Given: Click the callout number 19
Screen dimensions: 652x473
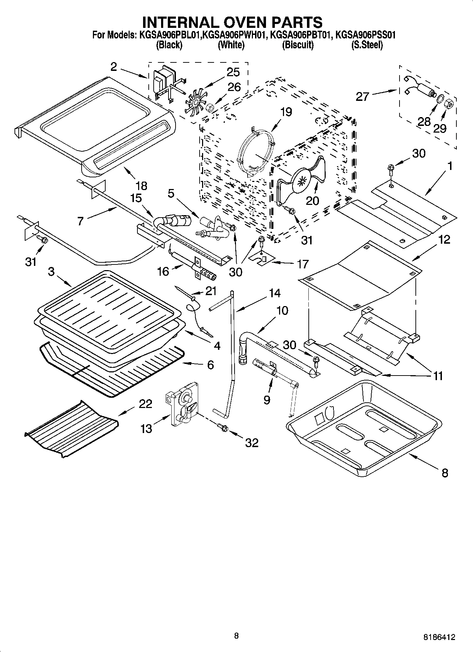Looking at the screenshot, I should click(x=286, y=112).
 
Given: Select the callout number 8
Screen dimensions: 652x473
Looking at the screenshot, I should click(x=445, y=473).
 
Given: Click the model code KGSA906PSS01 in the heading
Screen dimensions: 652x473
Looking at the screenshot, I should click(x=365, y=35).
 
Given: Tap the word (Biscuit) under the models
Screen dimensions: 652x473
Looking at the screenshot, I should click(x=297, y=45).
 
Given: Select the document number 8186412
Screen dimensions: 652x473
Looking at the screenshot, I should click(x=439, y=637).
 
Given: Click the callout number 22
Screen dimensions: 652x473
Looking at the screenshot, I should click(x=145, y=403).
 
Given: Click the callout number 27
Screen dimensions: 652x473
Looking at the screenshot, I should click(x=362, y=96).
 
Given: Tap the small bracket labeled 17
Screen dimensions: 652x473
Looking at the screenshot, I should click(x=262, y=258).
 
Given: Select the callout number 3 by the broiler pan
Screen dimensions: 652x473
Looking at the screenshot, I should click(x=52, y=272).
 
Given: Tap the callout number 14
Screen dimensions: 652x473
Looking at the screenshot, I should click(x=274, y=293).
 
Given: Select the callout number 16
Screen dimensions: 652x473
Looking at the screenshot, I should click(x=163, y=272).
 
